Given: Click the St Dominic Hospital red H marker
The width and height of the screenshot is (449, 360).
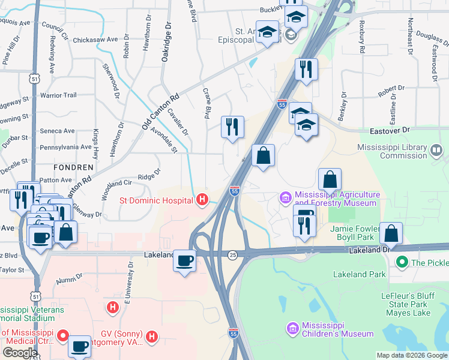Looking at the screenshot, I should pos(203,200).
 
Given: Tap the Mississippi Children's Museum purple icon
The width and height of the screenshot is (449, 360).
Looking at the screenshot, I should pos(292,329).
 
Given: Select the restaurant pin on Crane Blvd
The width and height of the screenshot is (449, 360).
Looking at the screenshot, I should pos(232,127).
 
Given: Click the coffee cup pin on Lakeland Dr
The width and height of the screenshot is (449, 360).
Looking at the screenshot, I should pos(185,260).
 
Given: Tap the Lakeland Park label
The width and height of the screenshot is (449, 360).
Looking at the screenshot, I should pos(360,274).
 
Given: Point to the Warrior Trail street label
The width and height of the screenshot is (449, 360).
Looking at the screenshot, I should pos(58,95).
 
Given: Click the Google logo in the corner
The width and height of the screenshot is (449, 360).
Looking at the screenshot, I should pos(20,353).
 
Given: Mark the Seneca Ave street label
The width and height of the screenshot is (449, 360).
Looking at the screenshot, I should pos(57,131).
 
